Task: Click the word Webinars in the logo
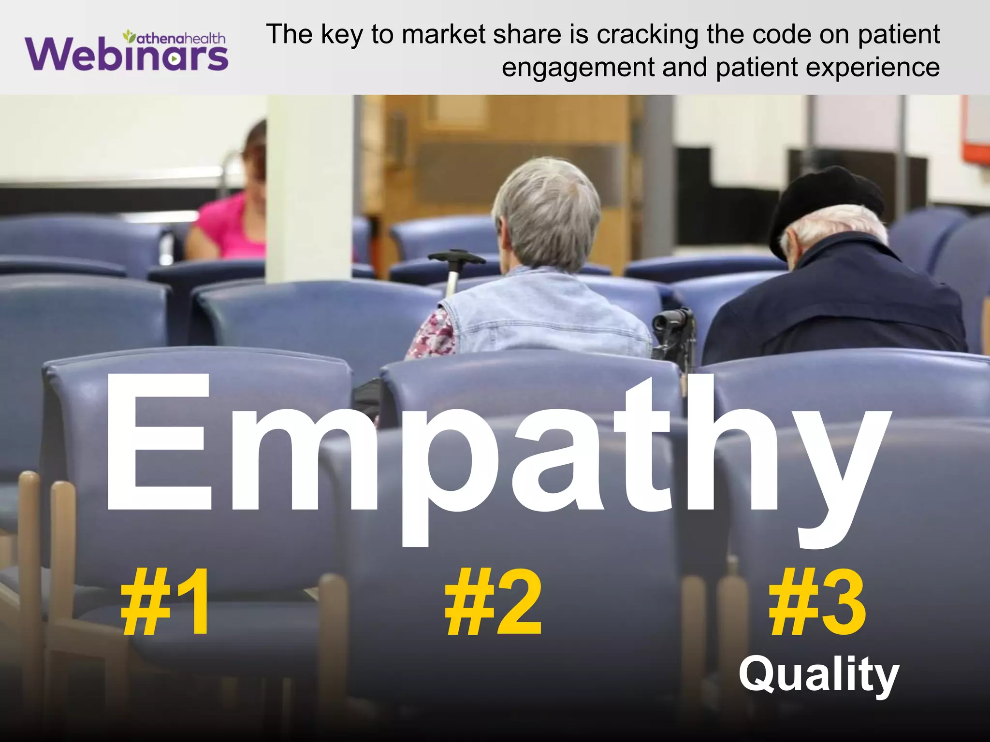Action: click(x=127, y=55)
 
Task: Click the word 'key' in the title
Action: click(x=341, y=35)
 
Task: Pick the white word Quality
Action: click(x=818, y=675)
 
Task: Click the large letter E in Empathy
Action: click(x=160, y=442)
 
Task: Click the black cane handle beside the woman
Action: click(x=457, y=257)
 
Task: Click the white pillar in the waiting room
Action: click(x=309, y=188)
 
